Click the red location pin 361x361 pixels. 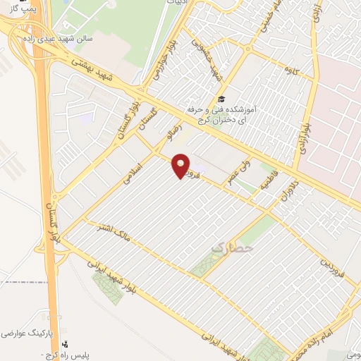click(181, 166)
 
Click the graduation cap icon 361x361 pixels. click(221, 100)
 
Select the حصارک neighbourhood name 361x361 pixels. click(232, 248)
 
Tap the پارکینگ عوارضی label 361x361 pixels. click(28, 331)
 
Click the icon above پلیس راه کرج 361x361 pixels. click(66, 345)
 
